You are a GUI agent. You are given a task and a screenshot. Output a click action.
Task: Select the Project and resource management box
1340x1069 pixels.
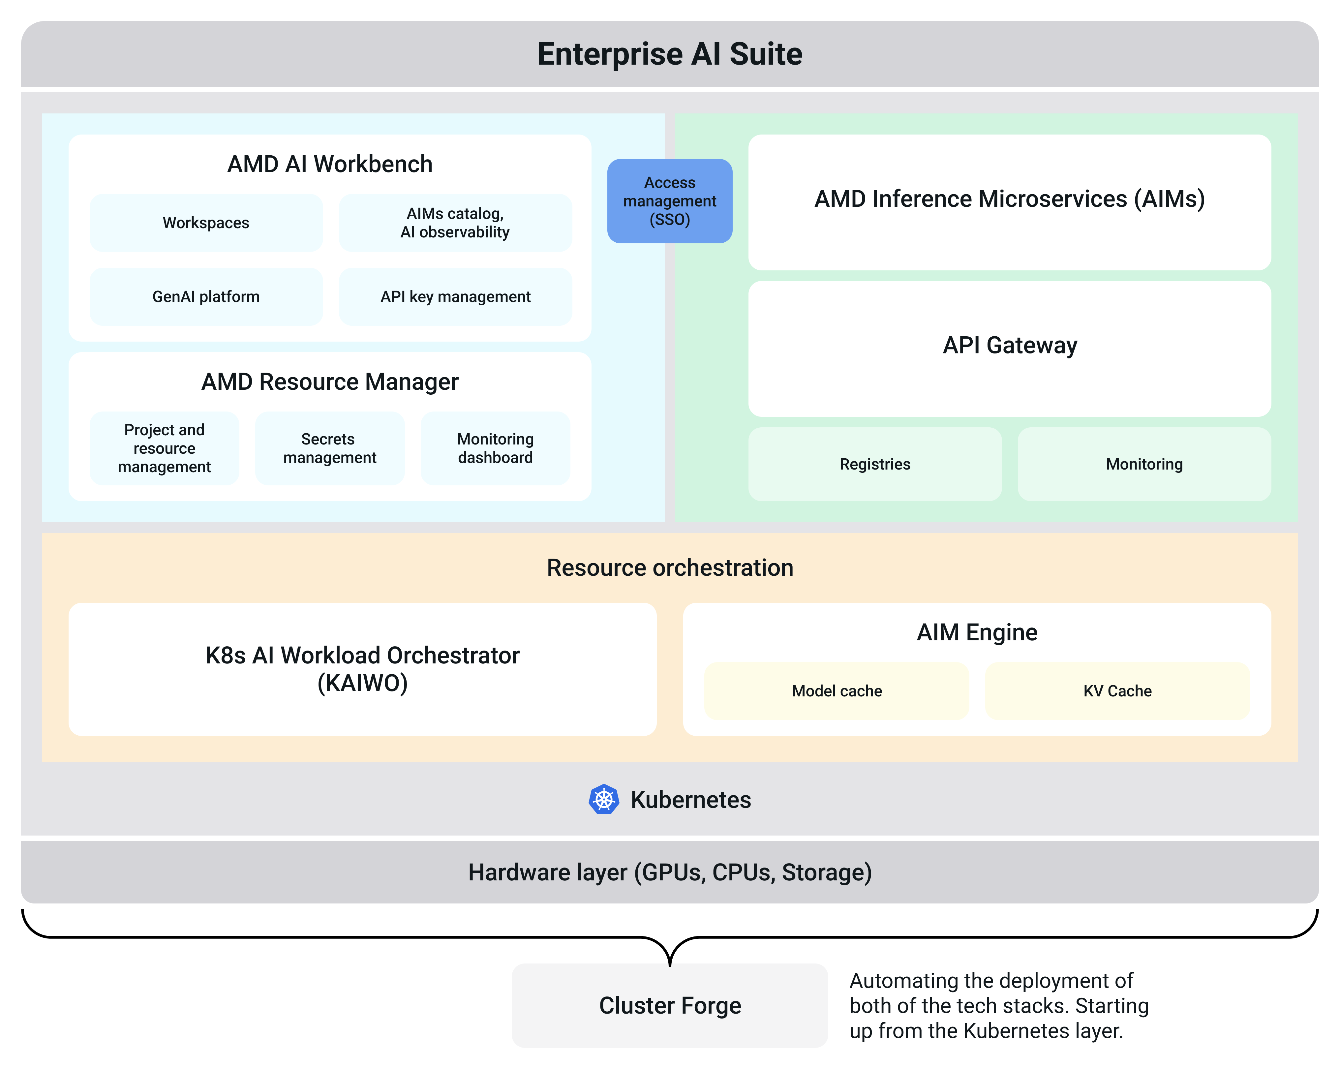point(164,448)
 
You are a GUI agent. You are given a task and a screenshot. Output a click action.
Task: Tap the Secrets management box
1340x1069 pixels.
point(329,448)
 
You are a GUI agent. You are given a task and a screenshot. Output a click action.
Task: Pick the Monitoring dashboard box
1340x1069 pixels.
point(495,448)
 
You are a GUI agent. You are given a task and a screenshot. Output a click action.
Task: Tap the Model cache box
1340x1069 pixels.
point(837,691)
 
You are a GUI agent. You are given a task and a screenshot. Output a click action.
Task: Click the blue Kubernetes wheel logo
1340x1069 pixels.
point(603,799)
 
